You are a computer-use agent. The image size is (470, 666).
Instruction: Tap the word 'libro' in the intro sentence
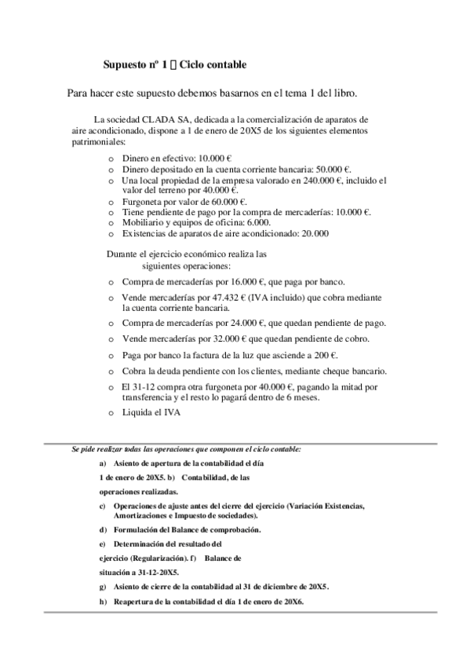tap(341, 93)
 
